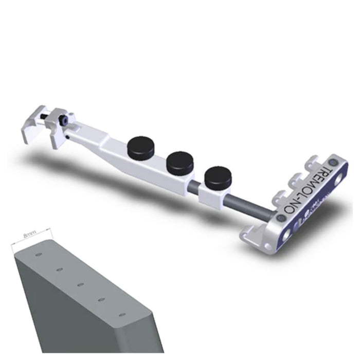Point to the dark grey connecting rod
pos(242,205)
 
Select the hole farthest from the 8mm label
pos(121,314)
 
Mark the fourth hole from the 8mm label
pos(101,299)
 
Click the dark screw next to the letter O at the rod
pos(280,219)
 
